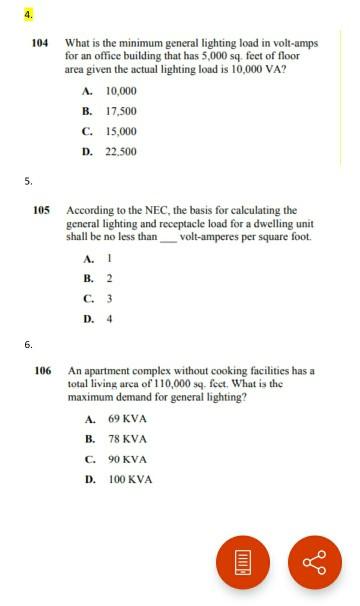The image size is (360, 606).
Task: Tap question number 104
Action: click(41, 44)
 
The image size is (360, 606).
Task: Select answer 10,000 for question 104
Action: click(120, 91)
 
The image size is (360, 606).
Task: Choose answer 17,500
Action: click(120, 111)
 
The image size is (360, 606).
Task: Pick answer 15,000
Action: click(120, 131)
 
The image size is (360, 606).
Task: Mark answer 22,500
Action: click(120, 151)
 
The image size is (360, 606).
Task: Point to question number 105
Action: click(41, 210)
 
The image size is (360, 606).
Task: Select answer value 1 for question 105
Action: click(109, 258)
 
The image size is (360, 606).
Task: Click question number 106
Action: click(41, 371)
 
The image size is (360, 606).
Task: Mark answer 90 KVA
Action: click(127, 459)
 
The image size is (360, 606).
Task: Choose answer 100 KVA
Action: click(130, 479)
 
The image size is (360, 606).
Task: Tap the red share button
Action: click(314, 562)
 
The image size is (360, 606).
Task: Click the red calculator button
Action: click(243, 562)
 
